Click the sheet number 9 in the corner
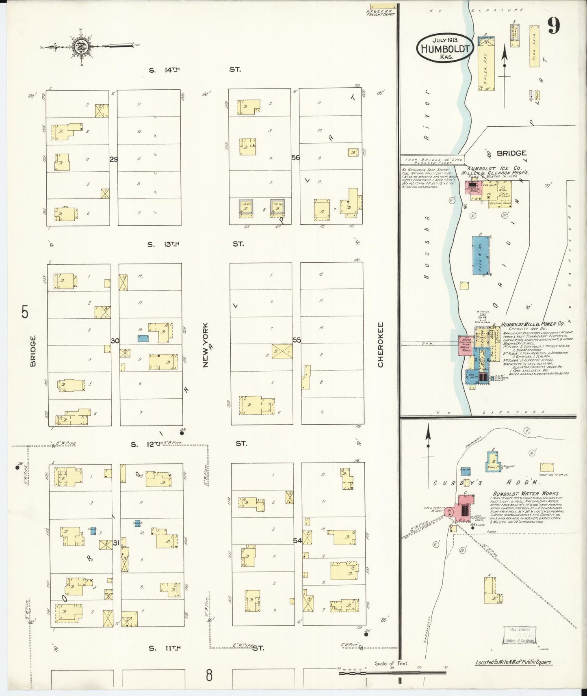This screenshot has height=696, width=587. point(554,26)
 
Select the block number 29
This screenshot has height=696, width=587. point(113,159)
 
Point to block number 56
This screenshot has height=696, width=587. point(295,158)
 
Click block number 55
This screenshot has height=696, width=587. point(297,340)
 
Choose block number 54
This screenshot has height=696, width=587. point(297,540)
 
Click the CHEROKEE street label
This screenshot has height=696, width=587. point(381,345)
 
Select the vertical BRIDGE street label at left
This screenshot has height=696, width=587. point(33,351)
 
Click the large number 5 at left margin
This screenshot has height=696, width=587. point(26,313)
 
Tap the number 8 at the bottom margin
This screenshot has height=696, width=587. point(209,676)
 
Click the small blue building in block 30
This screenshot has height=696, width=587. point(143,338)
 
